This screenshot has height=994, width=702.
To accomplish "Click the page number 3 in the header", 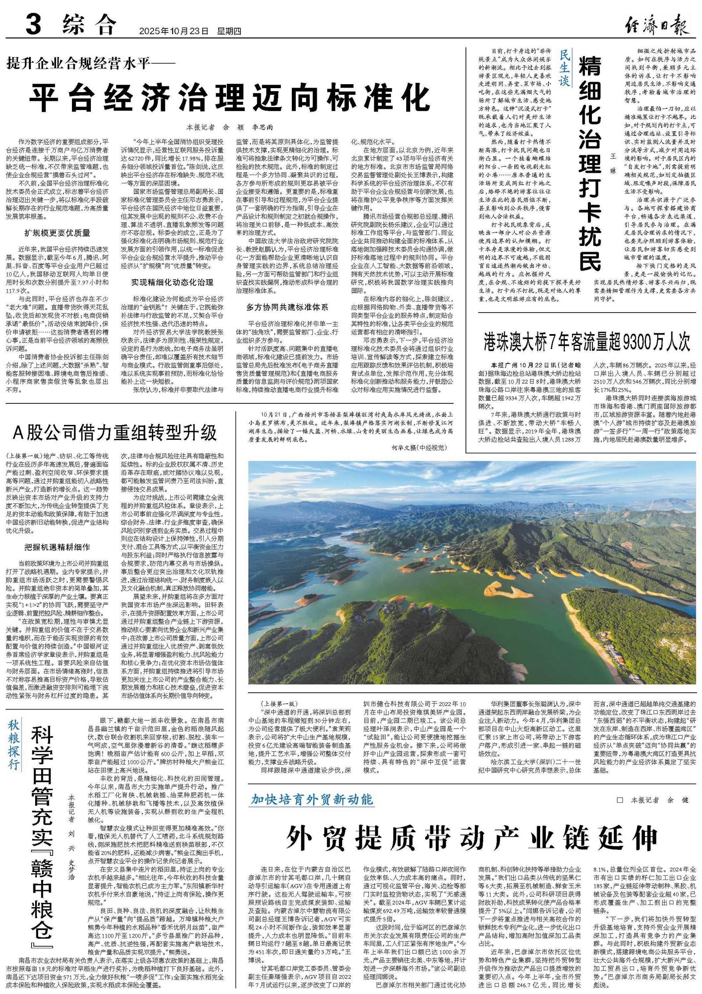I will pyautogui.click(x=33, y=24).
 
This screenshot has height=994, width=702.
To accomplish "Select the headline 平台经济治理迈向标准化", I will pyautogui.click(x=229, y=98).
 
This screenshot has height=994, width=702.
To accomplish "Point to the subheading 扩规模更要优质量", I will pyautogui.click(x=57, y=233).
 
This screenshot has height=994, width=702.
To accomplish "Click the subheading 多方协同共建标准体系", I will pyautogui.click(x=287, y=307).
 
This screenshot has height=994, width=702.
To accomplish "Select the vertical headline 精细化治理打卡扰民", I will pyautogui.click(x=590, y=163).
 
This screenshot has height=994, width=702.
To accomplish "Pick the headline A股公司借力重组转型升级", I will pyautogui.click(x=115, y=432).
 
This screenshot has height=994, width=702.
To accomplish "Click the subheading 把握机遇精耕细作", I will pyautogui.click(x=57, y=547).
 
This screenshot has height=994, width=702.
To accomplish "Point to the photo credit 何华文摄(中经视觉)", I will pyautogui.click(x=419, y=447).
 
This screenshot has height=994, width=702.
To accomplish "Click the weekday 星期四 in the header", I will pyautogui.click(x=229, y=31).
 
